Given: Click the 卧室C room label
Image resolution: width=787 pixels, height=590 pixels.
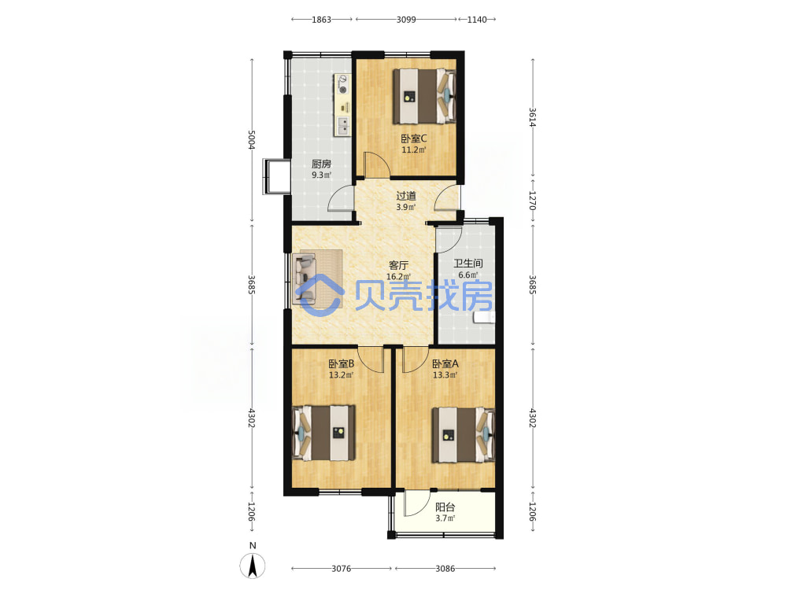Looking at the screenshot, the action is [x=414, y=138].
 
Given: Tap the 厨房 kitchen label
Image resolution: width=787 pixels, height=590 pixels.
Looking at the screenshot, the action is [x=321, y=164].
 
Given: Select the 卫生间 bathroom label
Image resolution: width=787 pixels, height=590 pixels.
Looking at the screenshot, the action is [x=468, y=264].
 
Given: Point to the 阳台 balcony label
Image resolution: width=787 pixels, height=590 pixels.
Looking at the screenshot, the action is [x=445, y=507].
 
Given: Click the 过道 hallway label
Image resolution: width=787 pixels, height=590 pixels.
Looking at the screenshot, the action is [x=406, y=196].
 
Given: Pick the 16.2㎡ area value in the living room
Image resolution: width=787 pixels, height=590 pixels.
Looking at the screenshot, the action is [x=398, y=276].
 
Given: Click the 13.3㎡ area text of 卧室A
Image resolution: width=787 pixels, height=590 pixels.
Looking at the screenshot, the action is [x=445, y=374].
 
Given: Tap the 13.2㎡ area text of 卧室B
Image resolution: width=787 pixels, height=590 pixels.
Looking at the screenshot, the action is [x=342, y=374].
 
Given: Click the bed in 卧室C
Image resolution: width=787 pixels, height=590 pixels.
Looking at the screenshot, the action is [x=424, y=96].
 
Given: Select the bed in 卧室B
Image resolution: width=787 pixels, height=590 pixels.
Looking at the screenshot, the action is [x=323, y=433].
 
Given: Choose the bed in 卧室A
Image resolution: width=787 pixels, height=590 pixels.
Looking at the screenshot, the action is [x=464, y=434].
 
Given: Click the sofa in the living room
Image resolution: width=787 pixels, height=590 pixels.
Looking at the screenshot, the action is [x=305, y=279].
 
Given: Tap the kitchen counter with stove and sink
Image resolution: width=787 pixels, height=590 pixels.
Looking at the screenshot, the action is [x=343, y=105].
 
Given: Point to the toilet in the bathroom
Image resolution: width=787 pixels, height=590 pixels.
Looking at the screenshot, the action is [x=484, y=317].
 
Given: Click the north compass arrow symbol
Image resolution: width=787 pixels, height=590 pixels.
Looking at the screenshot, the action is [x=253, y=566].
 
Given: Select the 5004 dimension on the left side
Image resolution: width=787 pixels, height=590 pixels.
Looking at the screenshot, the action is [x=252, y=140].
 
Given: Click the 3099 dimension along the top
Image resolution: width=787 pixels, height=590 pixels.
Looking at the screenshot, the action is [x=406, y=20].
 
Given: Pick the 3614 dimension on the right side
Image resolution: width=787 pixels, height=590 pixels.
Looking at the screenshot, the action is [x=533, y=117].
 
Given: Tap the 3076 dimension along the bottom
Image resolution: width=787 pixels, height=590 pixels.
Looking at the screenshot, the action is [x=342, y=569].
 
